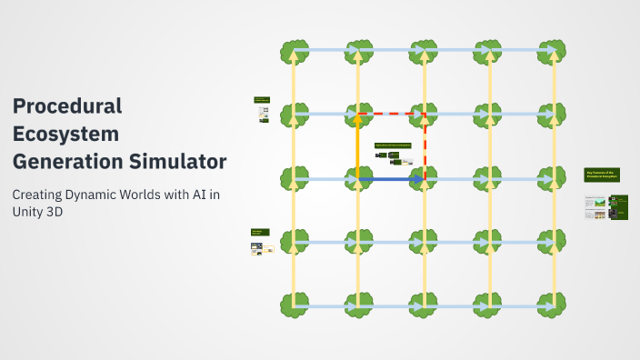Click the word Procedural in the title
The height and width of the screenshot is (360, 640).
coord(66,105)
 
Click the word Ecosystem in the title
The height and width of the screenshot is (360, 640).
coord(65,134)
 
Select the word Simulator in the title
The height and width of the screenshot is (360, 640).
coord(182,162)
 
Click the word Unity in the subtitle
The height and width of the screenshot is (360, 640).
coord(31,212)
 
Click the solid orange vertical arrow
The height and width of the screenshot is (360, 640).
coord(358,145)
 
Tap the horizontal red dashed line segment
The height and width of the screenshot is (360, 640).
coord(391,115)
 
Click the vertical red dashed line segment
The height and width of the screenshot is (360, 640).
coord(425,145)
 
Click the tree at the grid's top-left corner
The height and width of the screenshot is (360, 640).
coord(294,51)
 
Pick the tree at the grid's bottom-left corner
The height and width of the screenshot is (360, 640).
coord(294,305)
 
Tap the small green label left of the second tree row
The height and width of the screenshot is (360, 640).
coord(261,99)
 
